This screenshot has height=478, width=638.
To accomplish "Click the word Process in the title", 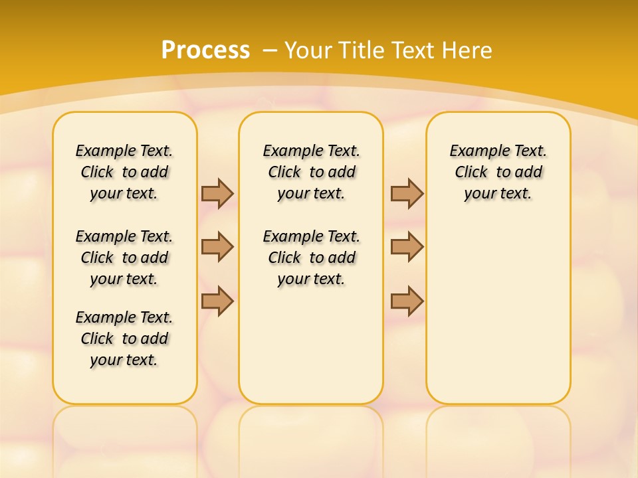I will coord(205,50).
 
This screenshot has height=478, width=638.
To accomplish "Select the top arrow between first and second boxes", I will coord(217,193).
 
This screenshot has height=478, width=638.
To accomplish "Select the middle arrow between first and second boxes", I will coord(217,247).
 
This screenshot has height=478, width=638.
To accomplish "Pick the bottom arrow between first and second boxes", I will coord(217,301).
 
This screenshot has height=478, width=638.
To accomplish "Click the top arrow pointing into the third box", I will coord(407,193).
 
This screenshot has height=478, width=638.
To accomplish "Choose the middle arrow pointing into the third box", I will coord(407,247).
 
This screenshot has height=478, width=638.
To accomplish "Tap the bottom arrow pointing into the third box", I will coord(407,301).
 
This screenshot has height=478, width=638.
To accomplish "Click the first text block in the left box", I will coord(124,172).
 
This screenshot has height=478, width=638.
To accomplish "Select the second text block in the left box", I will coord(124,258).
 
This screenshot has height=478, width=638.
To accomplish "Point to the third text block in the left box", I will coord(124,339).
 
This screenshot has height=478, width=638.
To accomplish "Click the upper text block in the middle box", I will coord(311,172).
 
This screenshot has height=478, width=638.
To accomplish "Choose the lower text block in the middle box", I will coord(311,258).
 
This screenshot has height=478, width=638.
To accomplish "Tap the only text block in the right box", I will coord(498,172).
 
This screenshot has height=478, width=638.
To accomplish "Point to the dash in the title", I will coord(269,50).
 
